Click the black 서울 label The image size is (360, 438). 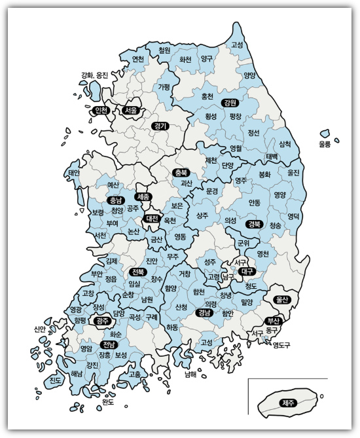[x=131, y=111]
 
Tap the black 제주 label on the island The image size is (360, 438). [x=287, y=403]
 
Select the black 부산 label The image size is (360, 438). [x=273, y=321]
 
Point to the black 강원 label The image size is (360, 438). [x=230, y=103]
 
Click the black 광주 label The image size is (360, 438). [x=101, y=321]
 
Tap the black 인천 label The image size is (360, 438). [x=101, y=110]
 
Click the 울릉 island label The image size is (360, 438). [x=325, y=143]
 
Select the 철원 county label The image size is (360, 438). [x=164, y=50]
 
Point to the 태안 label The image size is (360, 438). [x=73, y=173]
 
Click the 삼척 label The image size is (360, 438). [x=285, y=143]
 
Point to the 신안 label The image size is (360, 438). [x=39, y=329]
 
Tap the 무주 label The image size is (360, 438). [x=173, y=256]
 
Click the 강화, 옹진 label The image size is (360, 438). [x=94, y=75]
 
